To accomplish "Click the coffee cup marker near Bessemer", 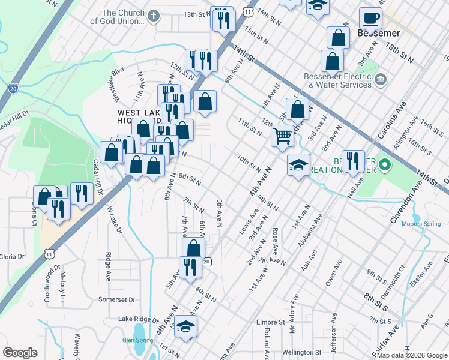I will (x=370, y=19).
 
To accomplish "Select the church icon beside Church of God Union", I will (x=154, y=16).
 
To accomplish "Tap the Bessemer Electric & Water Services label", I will (x=337, y=80).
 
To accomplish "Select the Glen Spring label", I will (x=136, y=340).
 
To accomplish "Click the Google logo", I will (x=20, y=353).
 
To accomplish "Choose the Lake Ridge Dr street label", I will (x=137, y=320).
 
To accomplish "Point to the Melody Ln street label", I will (x=62, y=286).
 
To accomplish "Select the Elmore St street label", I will (x=274, y=322).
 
